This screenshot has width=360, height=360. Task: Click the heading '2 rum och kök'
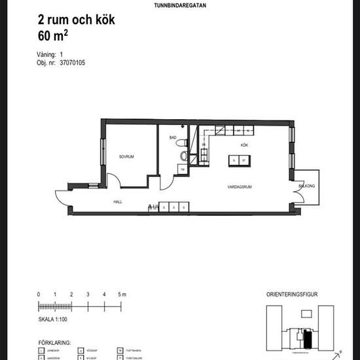pyautogui.click(x=77, y=20)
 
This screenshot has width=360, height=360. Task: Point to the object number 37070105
pyautogui.click(x=72, y=63)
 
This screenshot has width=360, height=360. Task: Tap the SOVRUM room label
pyautogui.click(x=126, y=157)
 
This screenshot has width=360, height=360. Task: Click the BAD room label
pyautogui.click(x=173, y=137)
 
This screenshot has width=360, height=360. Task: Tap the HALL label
pyautogui.click(x=118, y=202)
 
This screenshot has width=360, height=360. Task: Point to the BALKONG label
pyautogui.click(x=307, y=186)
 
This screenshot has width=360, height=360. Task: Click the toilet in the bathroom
pyautogui.click(x=183, y=155)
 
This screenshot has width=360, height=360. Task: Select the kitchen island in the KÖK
pyautogui.click(x=239, y=160)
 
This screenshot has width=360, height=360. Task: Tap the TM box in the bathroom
pyautogui.click(x=183, y=170)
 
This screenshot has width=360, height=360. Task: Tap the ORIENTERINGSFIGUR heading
pyautogui.click(x=293, y=295)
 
